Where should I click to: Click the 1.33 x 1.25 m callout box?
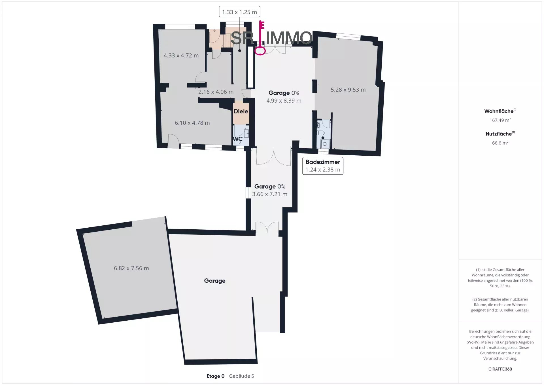pyautogui.click(x=239, y=12)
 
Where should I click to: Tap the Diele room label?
pyautogui.click(x=241, y=111)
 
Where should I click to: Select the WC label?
pyautogui.click(x=238, y=139)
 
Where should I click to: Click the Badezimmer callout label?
pyautogui.click(x=323, y=162)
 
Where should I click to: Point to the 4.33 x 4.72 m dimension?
pyautogui.click(x=181, y=56)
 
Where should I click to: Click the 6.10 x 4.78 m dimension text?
pyautogui.click(x=192, y=123)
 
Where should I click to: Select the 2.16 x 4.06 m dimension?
pyautogui.click(x=216, y=92)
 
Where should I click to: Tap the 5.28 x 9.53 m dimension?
pyautogui.click(x=348, y=90)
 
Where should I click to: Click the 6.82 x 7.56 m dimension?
pyautogui.click(x=131, y=268)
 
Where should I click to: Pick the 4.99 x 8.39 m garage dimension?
pyautogui.click(x=284, y=101)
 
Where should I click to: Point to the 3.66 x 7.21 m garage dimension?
pyautogui.click(x=270, y=194)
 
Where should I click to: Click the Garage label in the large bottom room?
pyautogui.click(x=215, y=281)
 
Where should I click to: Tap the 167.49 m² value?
pyautogui.click(x=500, y=120)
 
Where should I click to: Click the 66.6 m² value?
pyautogui.click(x=500, y=143)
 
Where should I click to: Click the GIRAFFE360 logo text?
pyautogui.click(x=500, y=369)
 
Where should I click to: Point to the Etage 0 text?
pyautogui.click(x=215, y=376)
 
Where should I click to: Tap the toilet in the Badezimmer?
pyautogui.click(x=321, y=133)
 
